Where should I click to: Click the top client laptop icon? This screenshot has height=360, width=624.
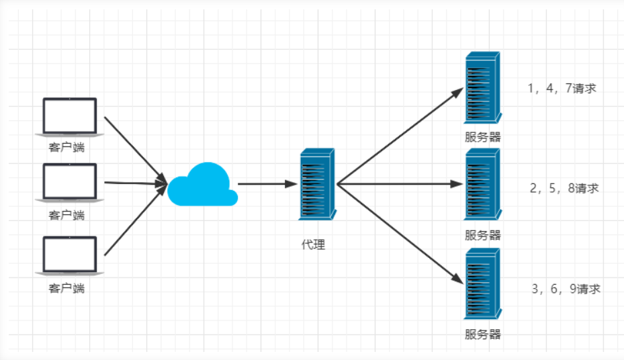(x=70, y=117)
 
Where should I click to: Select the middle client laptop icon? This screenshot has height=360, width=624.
(x=70, y=182)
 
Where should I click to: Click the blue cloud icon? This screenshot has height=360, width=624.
(x=202, y=185)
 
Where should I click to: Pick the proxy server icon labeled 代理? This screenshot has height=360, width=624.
(x=316, y=184)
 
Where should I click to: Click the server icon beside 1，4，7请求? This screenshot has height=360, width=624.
(x=482, y=88)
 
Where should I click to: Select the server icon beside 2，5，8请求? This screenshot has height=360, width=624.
(x=482, y=185)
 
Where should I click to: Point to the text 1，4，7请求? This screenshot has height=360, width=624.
(x=562, y=88)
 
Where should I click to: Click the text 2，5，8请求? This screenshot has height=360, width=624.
(x=564, y=189)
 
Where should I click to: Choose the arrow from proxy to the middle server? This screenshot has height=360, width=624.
(x=400, y=183)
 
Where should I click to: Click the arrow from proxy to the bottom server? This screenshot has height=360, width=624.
(x=400, y=232)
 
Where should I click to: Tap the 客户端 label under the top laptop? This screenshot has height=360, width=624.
(x=67, y=147)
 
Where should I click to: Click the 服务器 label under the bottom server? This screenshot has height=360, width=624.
(x=483, y=334)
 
